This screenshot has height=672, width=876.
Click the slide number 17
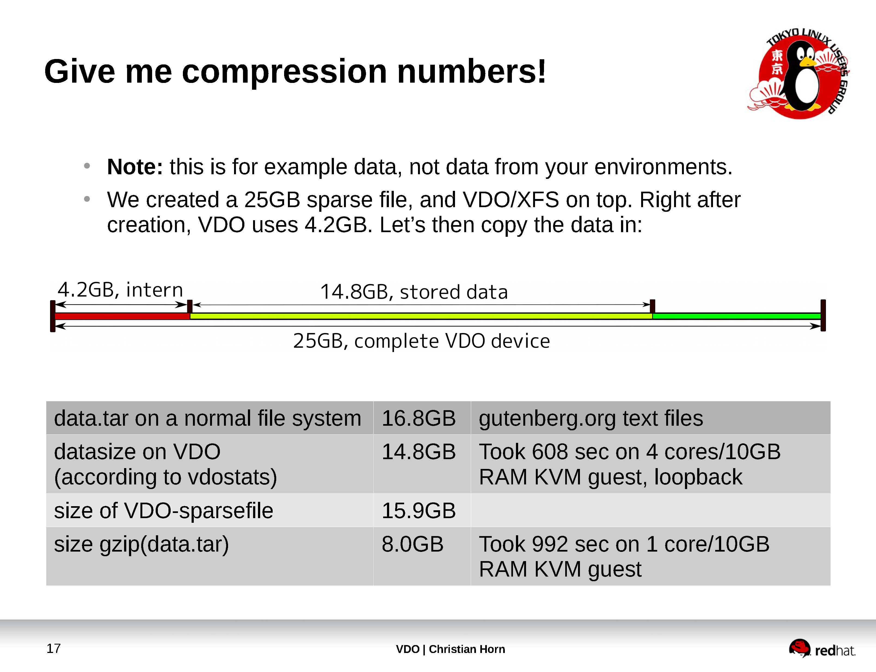[x=54, y=648]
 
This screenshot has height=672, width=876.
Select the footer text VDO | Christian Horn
[x=450, y=649]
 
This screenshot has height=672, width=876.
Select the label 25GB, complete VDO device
[x=421, y=341]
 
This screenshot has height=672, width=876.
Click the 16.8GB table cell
[x=418, y=418]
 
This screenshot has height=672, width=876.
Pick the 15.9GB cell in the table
[x=418, y=511]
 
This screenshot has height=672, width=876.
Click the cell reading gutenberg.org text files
[x=591, y=418]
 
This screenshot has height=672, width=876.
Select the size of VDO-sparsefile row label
[x=163, y=511]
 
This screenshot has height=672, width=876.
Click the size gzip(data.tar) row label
[x=141, y=545]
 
